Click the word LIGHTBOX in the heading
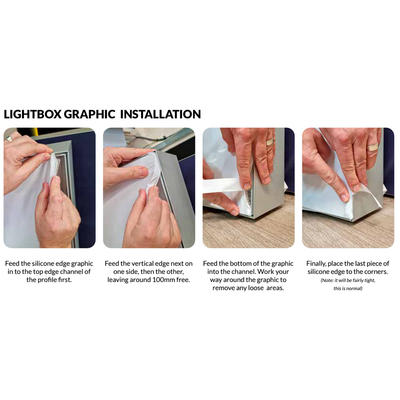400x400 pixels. pyautogui.click(x=32, y=114)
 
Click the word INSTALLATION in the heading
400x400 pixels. pyautogui.click(x=160, y=114)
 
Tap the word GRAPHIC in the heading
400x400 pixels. pyautogui.click(x=89, y=114)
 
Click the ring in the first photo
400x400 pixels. pyautogui.click(x=8, y=138)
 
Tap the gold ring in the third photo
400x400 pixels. pyautogui.click(x=270, y=141)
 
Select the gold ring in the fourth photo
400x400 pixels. pyautogui.click(x=372, y=147)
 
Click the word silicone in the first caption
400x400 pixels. pyautogui.click(x=43, y=263)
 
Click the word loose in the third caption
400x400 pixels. pyautogui.click(x=256, y=288)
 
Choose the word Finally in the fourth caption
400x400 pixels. pyautogui.click(x=316, y=264)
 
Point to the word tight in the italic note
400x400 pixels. pyautogui.click(x=369, y=280)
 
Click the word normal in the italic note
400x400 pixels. pyautogui.click(x=355, y=288)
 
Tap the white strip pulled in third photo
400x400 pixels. pyautogui.click(x=222, y=186)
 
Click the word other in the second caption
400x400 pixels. pyautogui.click(x=175, y=272)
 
